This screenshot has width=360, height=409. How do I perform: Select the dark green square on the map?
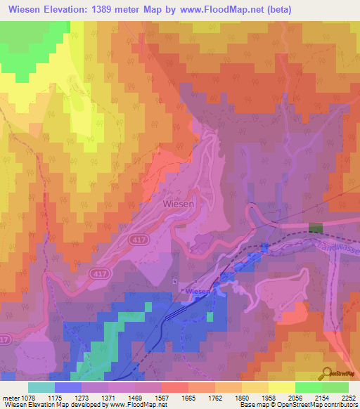[316, 228]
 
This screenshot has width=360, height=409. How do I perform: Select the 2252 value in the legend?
[349, 398]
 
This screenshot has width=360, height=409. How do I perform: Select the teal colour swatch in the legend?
[41, 387]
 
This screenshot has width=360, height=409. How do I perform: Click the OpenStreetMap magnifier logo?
[328, 375]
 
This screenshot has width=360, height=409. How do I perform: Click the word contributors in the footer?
[342, 405]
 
